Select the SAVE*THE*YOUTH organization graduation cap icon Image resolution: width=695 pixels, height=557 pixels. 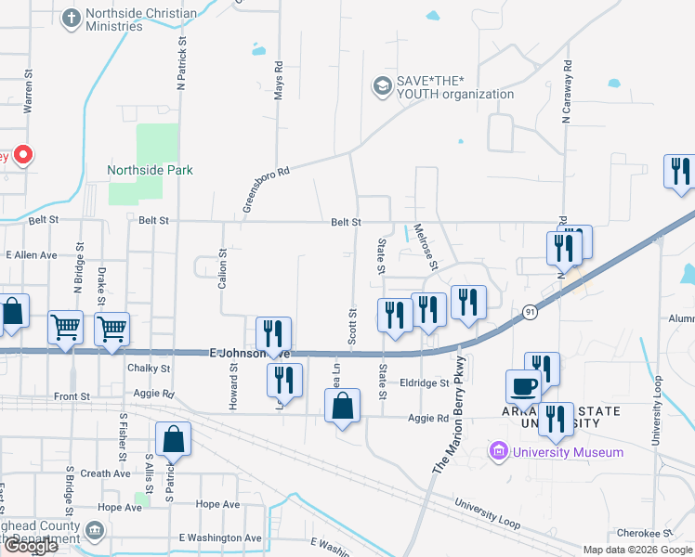click(380, 86)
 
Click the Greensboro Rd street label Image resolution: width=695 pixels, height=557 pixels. click(267, 189)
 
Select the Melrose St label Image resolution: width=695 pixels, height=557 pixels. click(425, 246)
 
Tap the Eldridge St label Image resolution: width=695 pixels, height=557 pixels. click(426, 382)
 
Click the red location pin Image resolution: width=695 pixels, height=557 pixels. click(24, 154)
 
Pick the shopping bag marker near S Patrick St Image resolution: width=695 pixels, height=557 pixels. click(174, 439)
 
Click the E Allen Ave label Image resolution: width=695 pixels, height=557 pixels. click(32, 254)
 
